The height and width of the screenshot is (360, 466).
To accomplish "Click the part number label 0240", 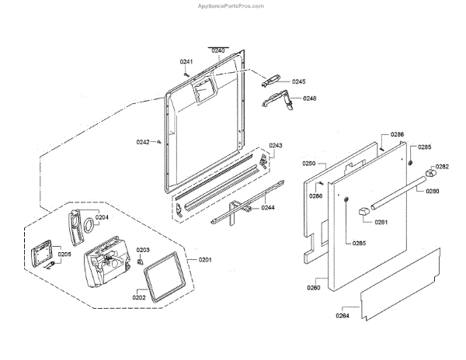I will coord(218,50).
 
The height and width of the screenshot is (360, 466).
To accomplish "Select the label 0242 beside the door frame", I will coord(143,141).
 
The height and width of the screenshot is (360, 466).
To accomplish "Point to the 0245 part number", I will coord(299,81).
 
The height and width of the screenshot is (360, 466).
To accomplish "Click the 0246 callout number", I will coord(309,99).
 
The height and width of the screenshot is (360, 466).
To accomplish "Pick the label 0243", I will coord(276,146).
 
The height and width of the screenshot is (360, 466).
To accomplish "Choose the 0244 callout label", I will coord(267,208).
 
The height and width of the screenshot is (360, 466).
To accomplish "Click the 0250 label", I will coord(308,164).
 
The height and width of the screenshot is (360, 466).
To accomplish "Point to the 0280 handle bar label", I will coord(432,190).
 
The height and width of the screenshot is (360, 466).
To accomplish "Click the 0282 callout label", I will coord(442,166).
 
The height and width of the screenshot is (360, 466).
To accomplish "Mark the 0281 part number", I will coord(381,223).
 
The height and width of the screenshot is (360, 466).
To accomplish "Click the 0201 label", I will coord(205,259).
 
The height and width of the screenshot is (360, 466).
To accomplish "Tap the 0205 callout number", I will coord(64,254).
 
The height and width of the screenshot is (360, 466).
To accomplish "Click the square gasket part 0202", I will coord(165,275).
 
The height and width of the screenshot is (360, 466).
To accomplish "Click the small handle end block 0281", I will coord(365,211).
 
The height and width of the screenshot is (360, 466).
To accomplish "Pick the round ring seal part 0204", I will coord(89,226).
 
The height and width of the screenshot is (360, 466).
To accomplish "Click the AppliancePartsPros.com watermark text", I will coord(232,5).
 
